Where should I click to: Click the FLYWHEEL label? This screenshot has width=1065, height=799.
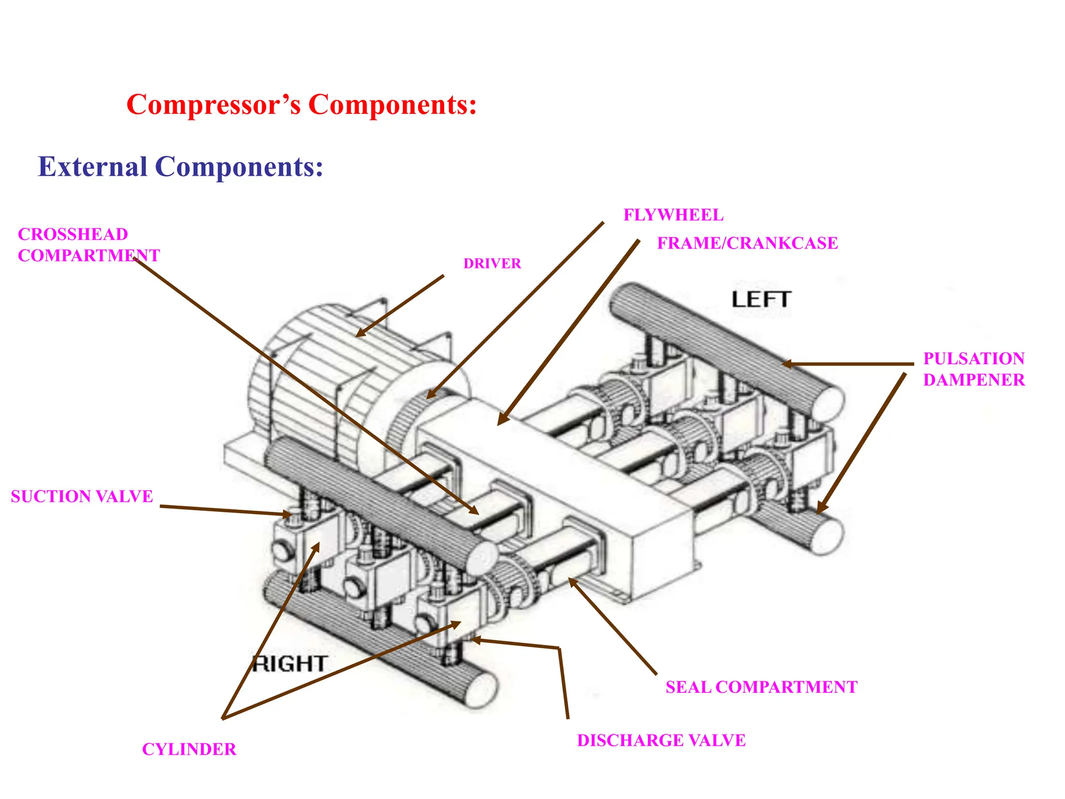click(x=673, y=215)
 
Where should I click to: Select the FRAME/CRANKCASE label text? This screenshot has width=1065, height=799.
click(x=747, y=243)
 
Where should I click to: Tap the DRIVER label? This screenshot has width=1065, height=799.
click(x=492, y=264)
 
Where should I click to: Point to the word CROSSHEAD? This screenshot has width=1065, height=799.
click(x=73, y=234)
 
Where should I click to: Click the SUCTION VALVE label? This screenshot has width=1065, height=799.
click(x=82, y=496)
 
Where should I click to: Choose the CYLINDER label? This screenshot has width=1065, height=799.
click(x=189, y=749)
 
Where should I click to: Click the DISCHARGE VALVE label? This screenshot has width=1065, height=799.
click(x=661, y=740)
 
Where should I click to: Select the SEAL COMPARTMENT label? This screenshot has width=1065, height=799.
click(x=761, y=687)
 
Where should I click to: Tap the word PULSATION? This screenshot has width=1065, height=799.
click(x=973, y=358)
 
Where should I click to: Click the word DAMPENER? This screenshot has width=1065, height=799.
click(x=973, y=380)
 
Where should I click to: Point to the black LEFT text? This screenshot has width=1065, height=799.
click(x=761, y=300)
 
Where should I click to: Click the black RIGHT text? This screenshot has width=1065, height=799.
click(x=290, y=664)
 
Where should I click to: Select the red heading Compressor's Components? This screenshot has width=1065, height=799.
click(x=302, y=105)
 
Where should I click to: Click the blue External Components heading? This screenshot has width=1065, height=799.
click(x=180, y=167)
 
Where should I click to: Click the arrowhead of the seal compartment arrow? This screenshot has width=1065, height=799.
click(x=572, y=581)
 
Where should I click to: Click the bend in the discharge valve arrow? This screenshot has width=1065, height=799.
click(x=559, y=648)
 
